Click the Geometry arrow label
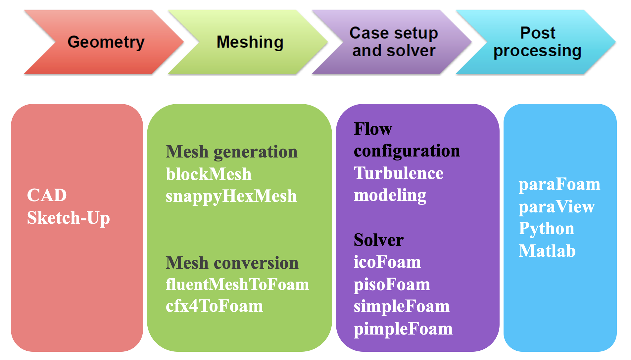106,42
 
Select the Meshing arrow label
250,42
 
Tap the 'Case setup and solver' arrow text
394,42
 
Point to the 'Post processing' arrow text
537,42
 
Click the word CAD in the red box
47,195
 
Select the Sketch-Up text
68,218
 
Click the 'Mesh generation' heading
231,152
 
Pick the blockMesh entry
209,174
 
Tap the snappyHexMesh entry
231,196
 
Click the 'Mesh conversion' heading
232,263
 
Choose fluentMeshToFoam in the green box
237,285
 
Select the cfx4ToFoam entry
214,306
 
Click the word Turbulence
399,173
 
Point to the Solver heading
378,240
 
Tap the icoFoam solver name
387,262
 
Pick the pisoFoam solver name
392,285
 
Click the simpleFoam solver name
402,306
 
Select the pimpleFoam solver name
403,329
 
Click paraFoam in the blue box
559,184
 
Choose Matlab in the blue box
547,251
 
